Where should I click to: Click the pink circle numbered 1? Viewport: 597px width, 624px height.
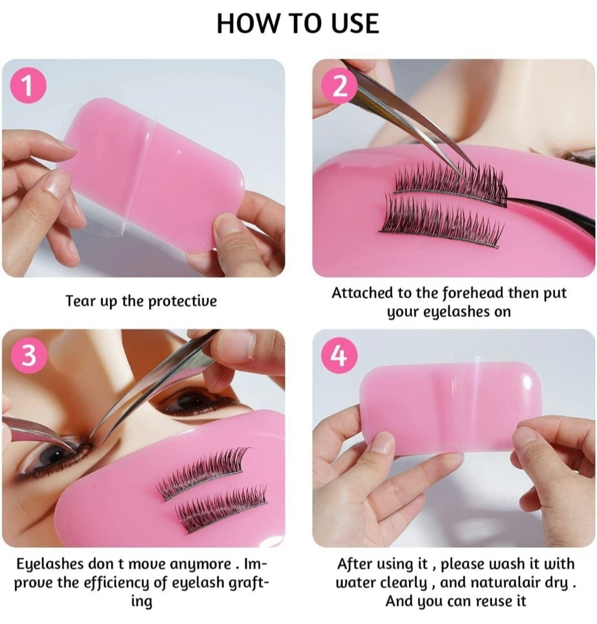pos(28,86)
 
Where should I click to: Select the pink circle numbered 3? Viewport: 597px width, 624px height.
pos(28,356)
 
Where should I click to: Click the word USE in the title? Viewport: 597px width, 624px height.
pos(355,23)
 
